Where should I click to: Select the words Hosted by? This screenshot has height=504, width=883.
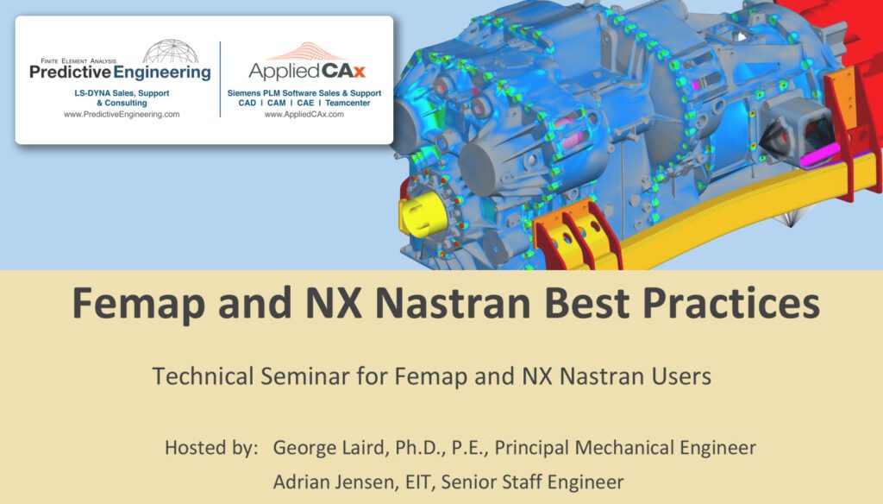point(211,448)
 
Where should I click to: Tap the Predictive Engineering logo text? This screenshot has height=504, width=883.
point(120,73)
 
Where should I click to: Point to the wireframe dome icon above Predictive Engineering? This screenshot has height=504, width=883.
point(170,51)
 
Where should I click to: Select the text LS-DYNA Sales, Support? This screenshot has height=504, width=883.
point(122,92)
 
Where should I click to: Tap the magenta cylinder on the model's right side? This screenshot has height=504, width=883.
point(818,158)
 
